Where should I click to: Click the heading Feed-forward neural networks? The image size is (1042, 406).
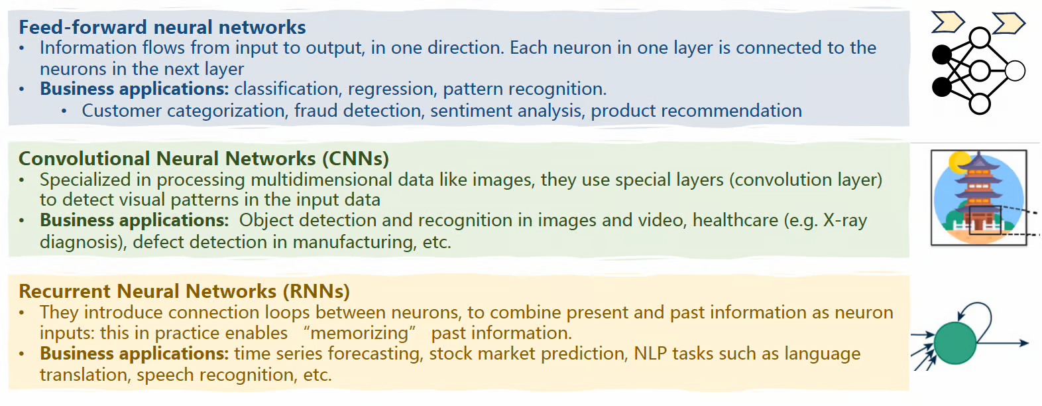point(162,27)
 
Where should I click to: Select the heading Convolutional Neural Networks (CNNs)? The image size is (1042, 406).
point(203,159)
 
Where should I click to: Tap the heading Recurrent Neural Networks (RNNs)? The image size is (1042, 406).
point(184,291)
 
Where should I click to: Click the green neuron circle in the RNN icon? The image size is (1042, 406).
point(955,343)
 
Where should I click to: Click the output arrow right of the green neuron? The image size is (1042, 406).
point(1002,343)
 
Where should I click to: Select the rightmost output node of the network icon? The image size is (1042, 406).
point(1015,71)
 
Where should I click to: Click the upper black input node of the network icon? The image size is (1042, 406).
point(942,55)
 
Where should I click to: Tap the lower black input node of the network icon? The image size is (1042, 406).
point(942,87)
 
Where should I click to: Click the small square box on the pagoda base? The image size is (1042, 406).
point(985,220)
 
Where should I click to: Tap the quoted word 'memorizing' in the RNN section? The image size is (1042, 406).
point(359,333)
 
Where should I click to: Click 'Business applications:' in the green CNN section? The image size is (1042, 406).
point(135,220)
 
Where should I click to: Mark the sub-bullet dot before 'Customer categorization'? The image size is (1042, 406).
point(64,111)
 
